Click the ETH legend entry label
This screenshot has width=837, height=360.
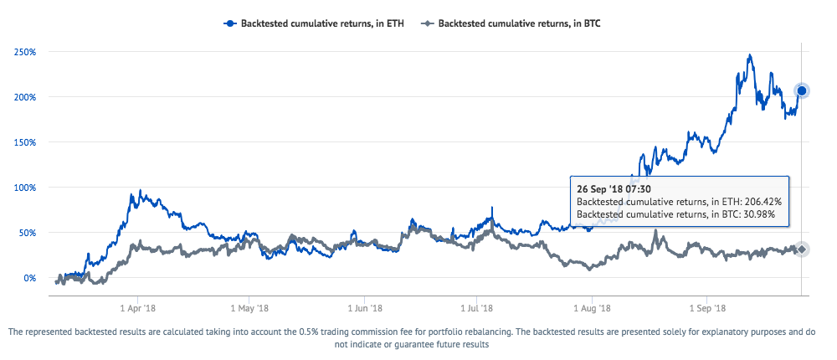tap(322, 24)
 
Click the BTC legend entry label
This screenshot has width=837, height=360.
tap(519, 24)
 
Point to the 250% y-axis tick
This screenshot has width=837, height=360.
tap(24, 52)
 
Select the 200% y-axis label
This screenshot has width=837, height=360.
tap(24, 97)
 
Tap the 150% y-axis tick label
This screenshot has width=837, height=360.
tap(24, 142)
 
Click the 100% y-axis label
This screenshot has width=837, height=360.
tap(24, 188)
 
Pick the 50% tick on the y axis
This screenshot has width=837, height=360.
tap(27, 233)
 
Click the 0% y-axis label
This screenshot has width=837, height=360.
tap(29, 278)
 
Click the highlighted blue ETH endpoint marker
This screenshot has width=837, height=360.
tap(801, 90)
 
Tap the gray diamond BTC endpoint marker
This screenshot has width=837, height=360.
tap(801, 249)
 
